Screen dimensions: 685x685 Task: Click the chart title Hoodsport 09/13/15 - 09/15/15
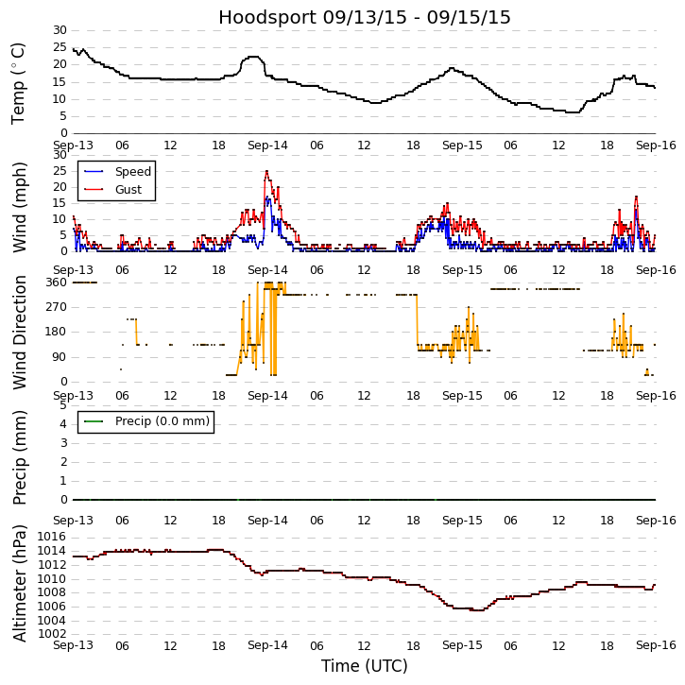tap(365, 17)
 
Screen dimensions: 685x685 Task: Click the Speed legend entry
tap(132, 172)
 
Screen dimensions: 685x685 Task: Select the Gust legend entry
tap(128, 190)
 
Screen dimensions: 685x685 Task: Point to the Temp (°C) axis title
tap(19, 82)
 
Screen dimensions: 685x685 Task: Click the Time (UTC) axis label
tap(365, 666)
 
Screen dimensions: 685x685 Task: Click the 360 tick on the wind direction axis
tap(56, 283)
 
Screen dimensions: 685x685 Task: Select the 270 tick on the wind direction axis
tap(56, 307)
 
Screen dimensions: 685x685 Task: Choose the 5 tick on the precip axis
tap(62, 404)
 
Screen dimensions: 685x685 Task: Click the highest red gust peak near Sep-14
tap(266, 171)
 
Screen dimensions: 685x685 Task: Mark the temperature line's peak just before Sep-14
tap(253, 57)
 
